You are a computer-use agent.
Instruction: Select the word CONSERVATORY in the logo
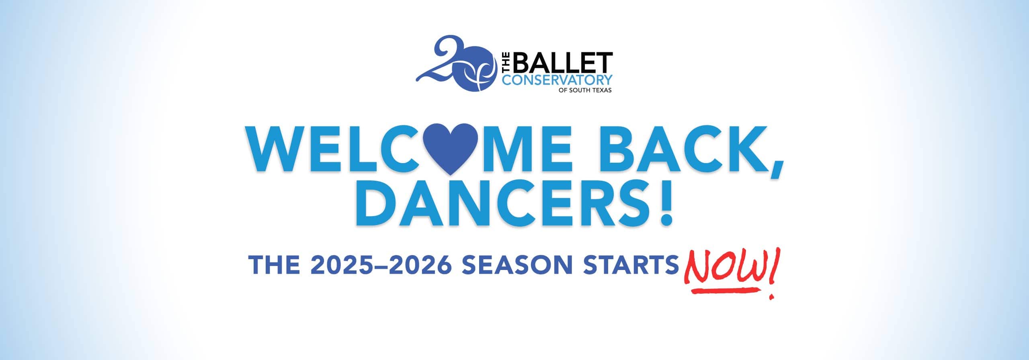pos(558,80)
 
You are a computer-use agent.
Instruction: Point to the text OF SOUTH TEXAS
pos(585,90)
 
